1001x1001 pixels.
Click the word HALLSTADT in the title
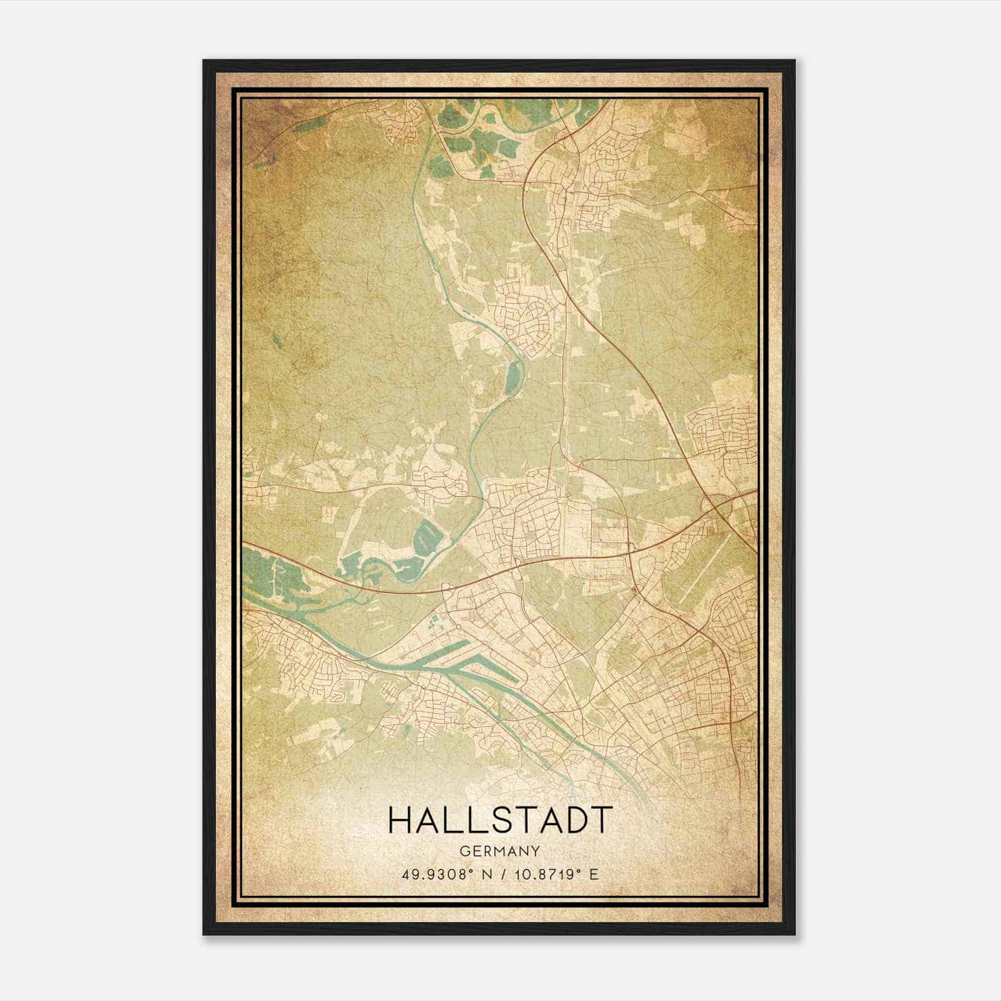click(499, 820)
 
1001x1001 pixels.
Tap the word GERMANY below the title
click(499, 851)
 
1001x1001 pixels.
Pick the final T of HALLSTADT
click(598, 820)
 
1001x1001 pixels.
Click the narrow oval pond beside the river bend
click(513, 377)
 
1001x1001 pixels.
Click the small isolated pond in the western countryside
click(276, 340)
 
